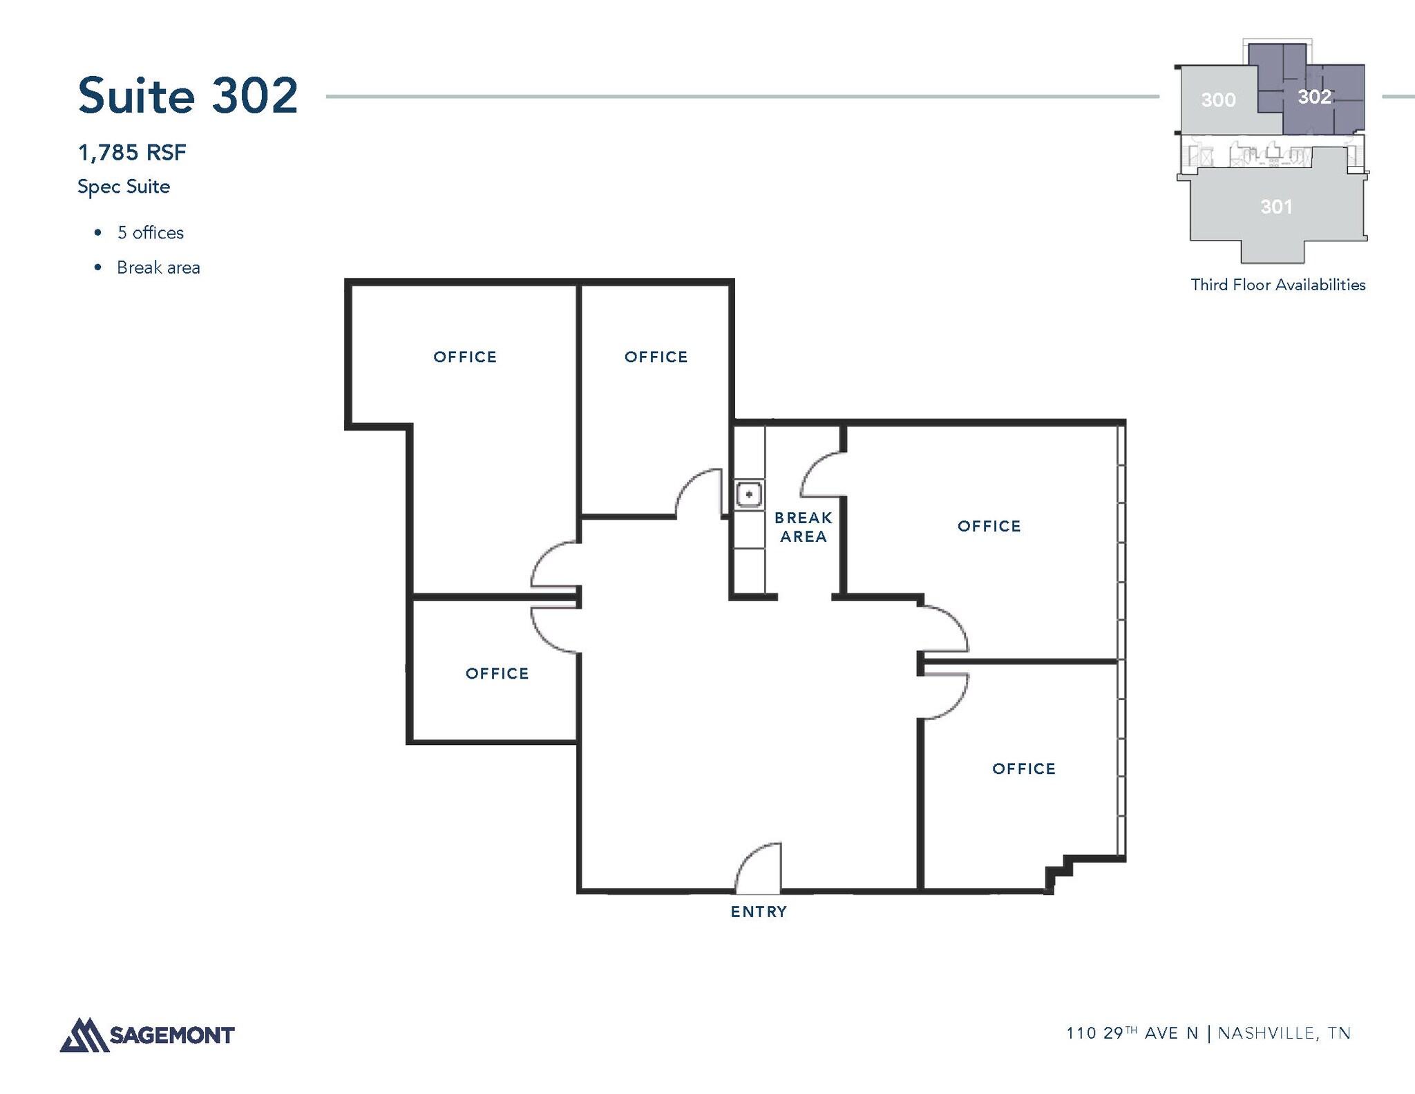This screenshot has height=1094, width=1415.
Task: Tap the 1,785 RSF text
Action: click(132, 152)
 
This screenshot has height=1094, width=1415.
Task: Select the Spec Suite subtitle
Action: click(124, 187)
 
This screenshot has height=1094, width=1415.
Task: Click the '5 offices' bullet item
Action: click(151, 233)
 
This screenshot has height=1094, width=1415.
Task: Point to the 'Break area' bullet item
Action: click(158, 267)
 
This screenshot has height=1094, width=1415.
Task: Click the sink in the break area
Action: click(749, 494)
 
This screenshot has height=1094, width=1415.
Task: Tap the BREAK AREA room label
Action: click(804, 527)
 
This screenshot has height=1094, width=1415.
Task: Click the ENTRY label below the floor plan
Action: click(759, 912)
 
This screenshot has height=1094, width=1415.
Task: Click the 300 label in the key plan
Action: click(1218, 100)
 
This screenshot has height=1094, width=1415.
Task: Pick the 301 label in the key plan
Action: click(1276, 207)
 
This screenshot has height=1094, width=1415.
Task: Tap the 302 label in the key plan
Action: click(1314, 97)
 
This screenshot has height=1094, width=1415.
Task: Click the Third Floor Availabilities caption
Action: click(1278, 285)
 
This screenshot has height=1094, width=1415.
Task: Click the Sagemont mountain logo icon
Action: click(84, 1035)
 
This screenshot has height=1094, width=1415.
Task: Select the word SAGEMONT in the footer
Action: click(172, 1035)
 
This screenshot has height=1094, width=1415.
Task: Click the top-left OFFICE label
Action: click(465, 357)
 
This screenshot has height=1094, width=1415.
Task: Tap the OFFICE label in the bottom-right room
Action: click(1024, 768)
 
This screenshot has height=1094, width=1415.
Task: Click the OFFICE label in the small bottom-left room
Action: click(497, 673)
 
